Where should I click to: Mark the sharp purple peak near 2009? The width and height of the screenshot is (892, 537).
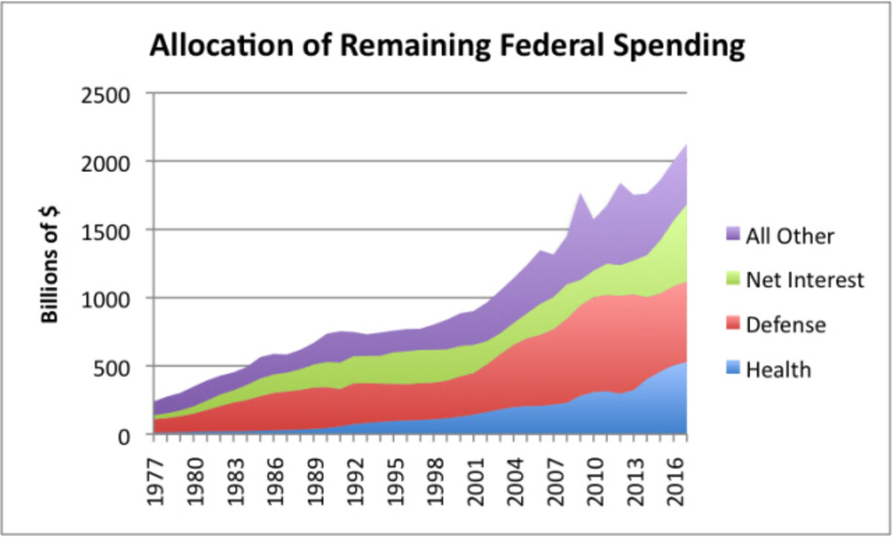580,194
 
